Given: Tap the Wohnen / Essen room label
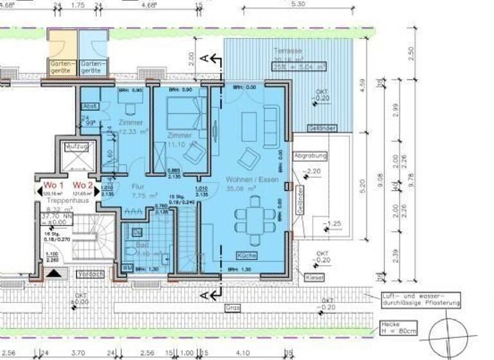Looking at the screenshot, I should click(x=252, y=181).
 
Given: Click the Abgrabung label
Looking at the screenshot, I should click(x=310, y=156).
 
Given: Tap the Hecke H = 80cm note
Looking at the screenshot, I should click(x=398, y=328).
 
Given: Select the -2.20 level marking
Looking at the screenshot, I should click(x=313, y=172).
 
